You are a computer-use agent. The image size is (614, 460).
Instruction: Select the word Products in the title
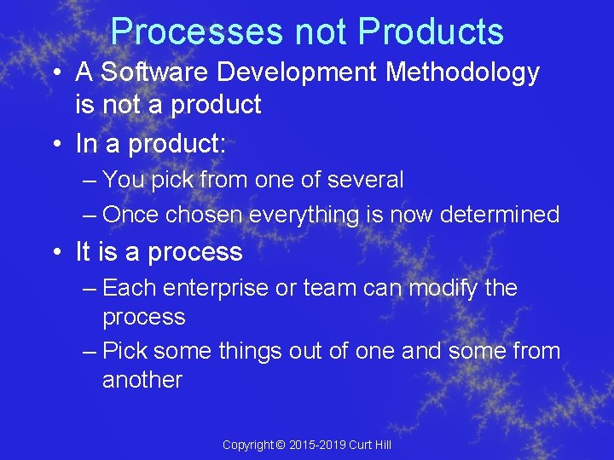431,32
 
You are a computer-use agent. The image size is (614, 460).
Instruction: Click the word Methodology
463,72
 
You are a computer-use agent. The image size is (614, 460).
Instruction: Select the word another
142,380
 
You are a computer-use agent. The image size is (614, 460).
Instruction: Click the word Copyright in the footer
247,445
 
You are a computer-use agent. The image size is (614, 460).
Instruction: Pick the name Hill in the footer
382,445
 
